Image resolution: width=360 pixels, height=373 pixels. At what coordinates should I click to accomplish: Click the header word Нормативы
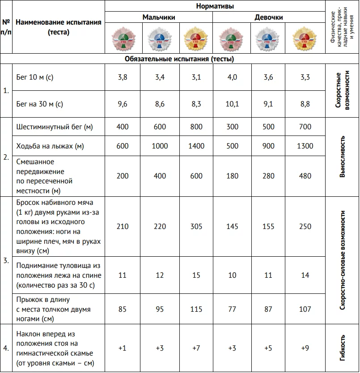pos(215,6)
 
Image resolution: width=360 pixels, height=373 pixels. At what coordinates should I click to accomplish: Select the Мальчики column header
pos(159,17)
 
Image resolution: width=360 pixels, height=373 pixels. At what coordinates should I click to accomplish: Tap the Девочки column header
pos(268,17)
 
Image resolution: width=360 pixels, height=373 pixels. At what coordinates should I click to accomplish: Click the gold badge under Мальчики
pos(195,38)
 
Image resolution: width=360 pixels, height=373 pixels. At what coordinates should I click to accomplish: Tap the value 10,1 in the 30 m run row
pos(232,104)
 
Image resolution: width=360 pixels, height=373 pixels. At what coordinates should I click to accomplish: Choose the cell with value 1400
pos(195,146)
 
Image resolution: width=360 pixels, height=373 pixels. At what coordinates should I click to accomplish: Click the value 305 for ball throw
pos(195,226)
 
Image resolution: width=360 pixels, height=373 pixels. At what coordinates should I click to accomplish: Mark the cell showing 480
pos(305,176)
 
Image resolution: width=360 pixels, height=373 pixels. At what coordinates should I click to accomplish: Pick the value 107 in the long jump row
pos(305,309)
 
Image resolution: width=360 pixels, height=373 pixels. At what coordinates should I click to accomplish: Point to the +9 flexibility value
pos(305,348)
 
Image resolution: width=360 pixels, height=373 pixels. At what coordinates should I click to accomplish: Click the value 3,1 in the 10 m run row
pos(195,77)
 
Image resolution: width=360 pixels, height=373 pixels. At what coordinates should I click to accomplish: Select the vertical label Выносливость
pos(342,157)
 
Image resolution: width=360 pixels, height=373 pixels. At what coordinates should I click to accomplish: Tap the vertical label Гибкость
pos(342,348)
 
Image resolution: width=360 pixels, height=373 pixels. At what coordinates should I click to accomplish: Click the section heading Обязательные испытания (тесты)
pos(179,59)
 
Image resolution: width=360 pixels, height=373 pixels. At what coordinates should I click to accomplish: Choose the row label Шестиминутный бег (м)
pos(54,127)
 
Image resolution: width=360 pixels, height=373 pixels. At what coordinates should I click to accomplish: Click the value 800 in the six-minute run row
pos(195,127)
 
